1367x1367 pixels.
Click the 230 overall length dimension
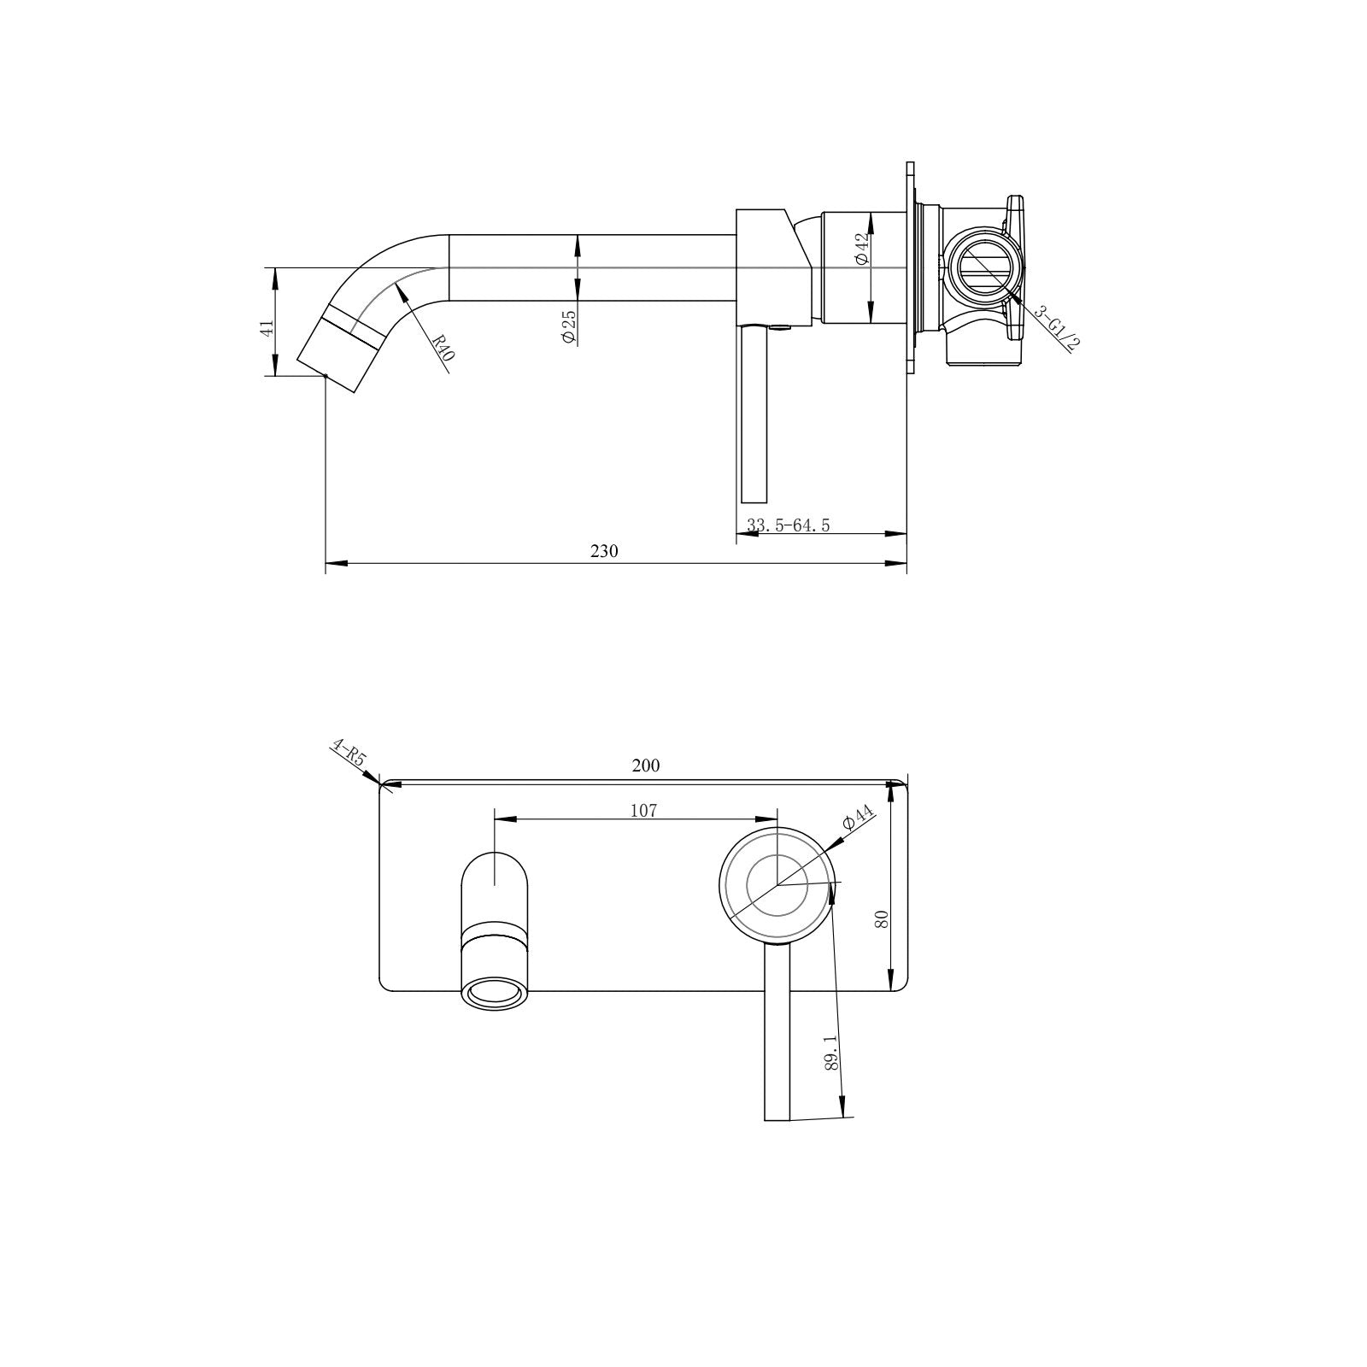(x=604, y=551)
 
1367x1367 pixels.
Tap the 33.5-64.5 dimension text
(x=788, y=525)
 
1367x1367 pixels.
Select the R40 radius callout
(x=441, y=348)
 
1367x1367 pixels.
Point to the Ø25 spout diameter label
(x=569, y=326)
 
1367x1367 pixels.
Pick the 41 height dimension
(x=267, y=328)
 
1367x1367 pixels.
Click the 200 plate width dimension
(x=646, y=766)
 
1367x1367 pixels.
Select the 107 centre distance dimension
(x=644, y=810)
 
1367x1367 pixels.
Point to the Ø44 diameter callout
(x=859, y=818)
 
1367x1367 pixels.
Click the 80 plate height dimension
(x=883, y=919)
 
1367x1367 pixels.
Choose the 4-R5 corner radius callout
(x=348, y=757)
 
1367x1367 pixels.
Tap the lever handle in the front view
(x=777, y=1042)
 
